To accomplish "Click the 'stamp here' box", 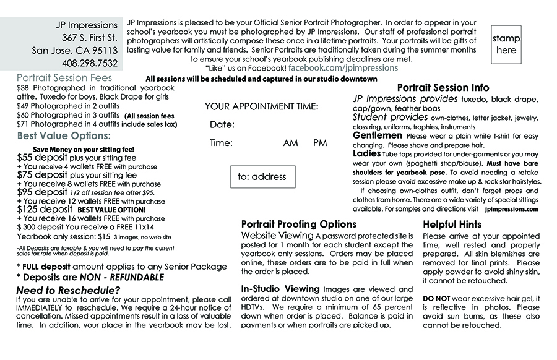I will tap(506, 44).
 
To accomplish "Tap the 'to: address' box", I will tap(262, 177).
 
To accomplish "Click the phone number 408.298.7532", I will tap(90, 63).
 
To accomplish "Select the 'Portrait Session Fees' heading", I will tap(64, 78).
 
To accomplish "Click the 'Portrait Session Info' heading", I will tap(443, 88).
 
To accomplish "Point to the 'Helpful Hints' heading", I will tap(452, 225).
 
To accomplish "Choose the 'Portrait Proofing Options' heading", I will tap(298, 225).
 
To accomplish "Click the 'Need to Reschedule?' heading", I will tap(68, 290).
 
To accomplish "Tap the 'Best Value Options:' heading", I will tap(64, 135).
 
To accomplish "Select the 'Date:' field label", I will tap(222, 125).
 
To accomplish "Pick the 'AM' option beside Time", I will tap(290, 143).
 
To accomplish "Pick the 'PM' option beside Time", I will tap(320, 143).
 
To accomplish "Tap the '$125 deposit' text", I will tap(45, 210).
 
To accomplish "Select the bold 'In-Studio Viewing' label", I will tap(280, 289).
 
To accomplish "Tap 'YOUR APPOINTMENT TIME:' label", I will tap(262, 106).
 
